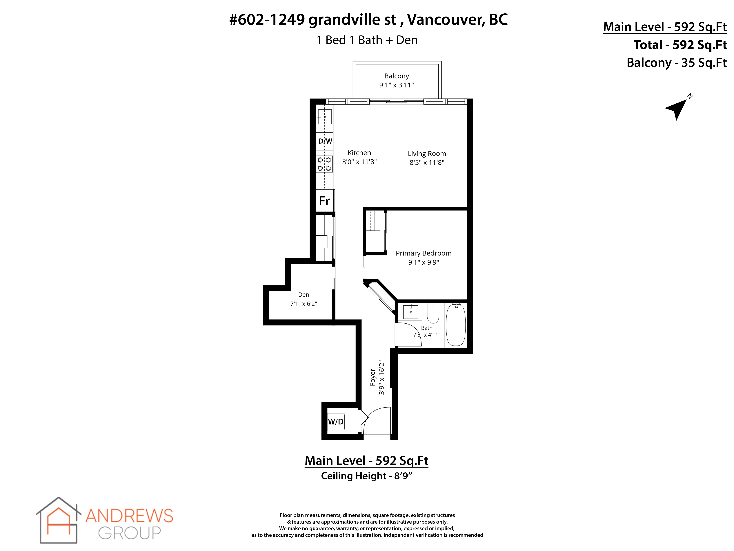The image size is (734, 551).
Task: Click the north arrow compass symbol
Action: coord(677,109)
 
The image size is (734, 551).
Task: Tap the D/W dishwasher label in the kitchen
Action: coord(325,141)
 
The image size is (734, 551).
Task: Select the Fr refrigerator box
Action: coord(325,201)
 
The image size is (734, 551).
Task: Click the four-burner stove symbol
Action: coord(324,164)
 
